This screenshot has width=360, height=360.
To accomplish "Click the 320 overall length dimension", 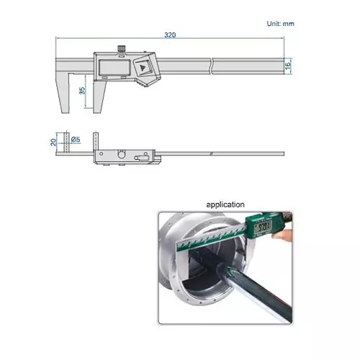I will tap(170, 34).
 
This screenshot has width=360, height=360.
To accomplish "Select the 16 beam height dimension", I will tap(287, 66).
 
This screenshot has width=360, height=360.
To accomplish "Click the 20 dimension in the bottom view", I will tap(53, 142).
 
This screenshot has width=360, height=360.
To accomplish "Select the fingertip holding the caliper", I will tap(286, 234).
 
